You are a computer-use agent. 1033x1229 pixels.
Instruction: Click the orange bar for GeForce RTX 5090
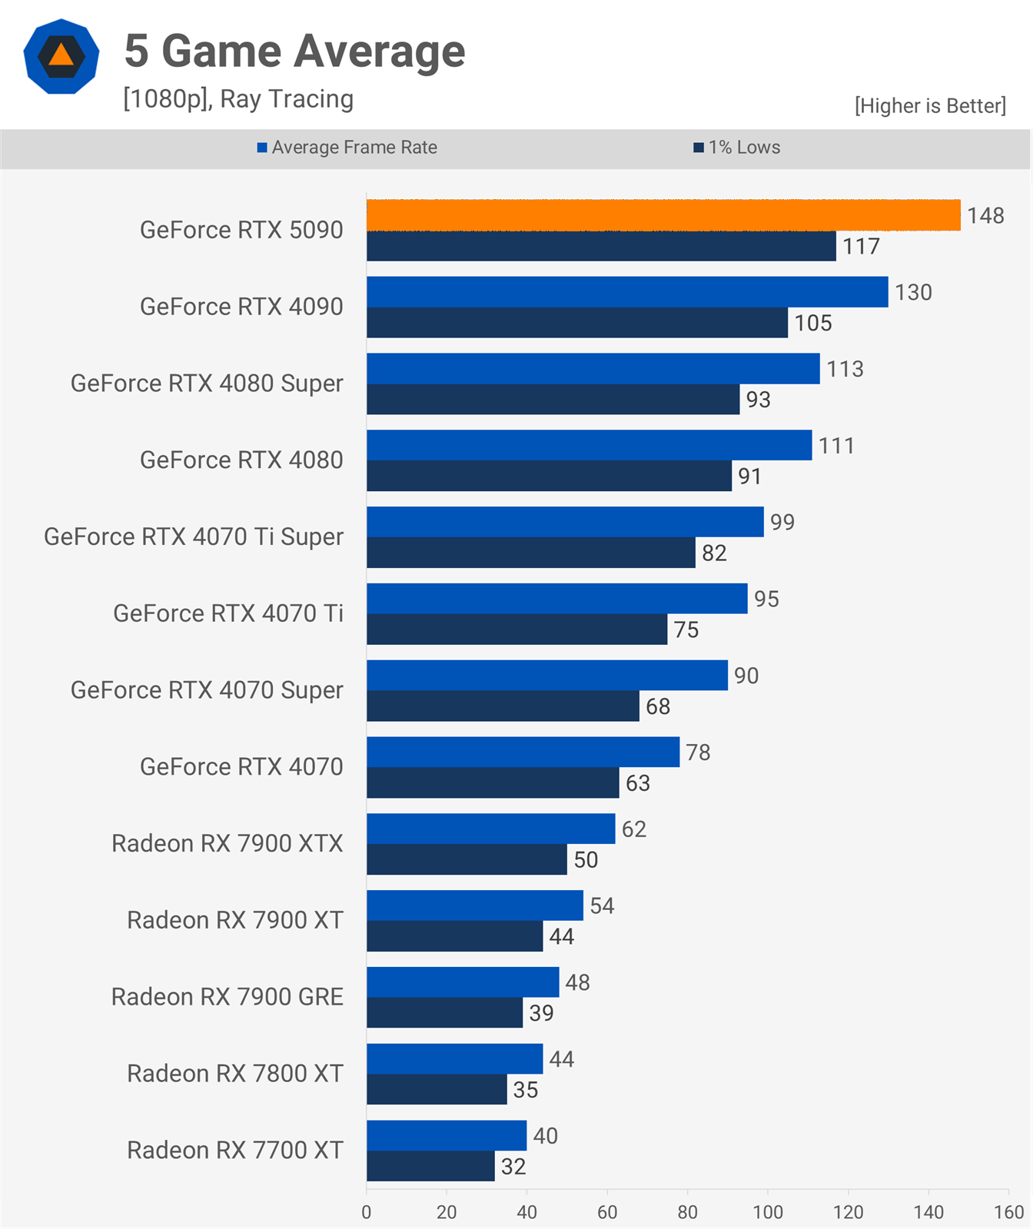pos(663,215)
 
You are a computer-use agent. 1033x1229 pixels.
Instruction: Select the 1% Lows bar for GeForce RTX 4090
pos(577,323)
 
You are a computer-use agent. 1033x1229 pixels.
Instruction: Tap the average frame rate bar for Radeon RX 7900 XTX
pos(491,829)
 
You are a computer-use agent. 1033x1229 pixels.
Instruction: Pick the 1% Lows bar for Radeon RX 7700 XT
pos(430,1166)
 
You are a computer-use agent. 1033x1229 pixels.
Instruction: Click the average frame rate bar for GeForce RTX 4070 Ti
pos(557,599)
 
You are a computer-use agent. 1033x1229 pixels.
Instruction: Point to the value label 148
pos(985,215)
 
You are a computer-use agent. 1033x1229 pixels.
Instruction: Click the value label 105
pos(813,323)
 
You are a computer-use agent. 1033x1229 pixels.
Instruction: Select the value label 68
pos(658,706)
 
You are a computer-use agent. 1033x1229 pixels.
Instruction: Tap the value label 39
pos(541,1013)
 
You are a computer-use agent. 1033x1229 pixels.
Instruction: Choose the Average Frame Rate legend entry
pos(347,148)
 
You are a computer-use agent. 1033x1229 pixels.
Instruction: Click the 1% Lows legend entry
pos(737,148)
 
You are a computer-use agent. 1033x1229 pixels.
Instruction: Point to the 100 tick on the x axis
pos(768,1212)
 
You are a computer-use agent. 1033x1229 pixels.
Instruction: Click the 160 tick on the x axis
pos(1008,1212)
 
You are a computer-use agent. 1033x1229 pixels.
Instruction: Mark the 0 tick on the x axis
pos(367,1212)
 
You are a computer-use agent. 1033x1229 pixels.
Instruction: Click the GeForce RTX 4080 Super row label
pos(207,384)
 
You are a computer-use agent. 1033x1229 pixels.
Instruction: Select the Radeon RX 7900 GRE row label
pos(228,997)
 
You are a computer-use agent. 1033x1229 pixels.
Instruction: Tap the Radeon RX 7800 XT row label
pos(235,1074)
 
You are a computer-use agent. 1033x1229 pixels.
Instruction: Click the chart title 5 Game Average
pos(295,51)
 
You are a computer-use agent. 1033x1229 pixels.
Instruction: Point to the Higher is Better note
pos(930,105)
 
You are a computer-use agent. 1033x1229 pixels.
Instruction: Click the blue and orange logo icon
pos(61,56)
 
